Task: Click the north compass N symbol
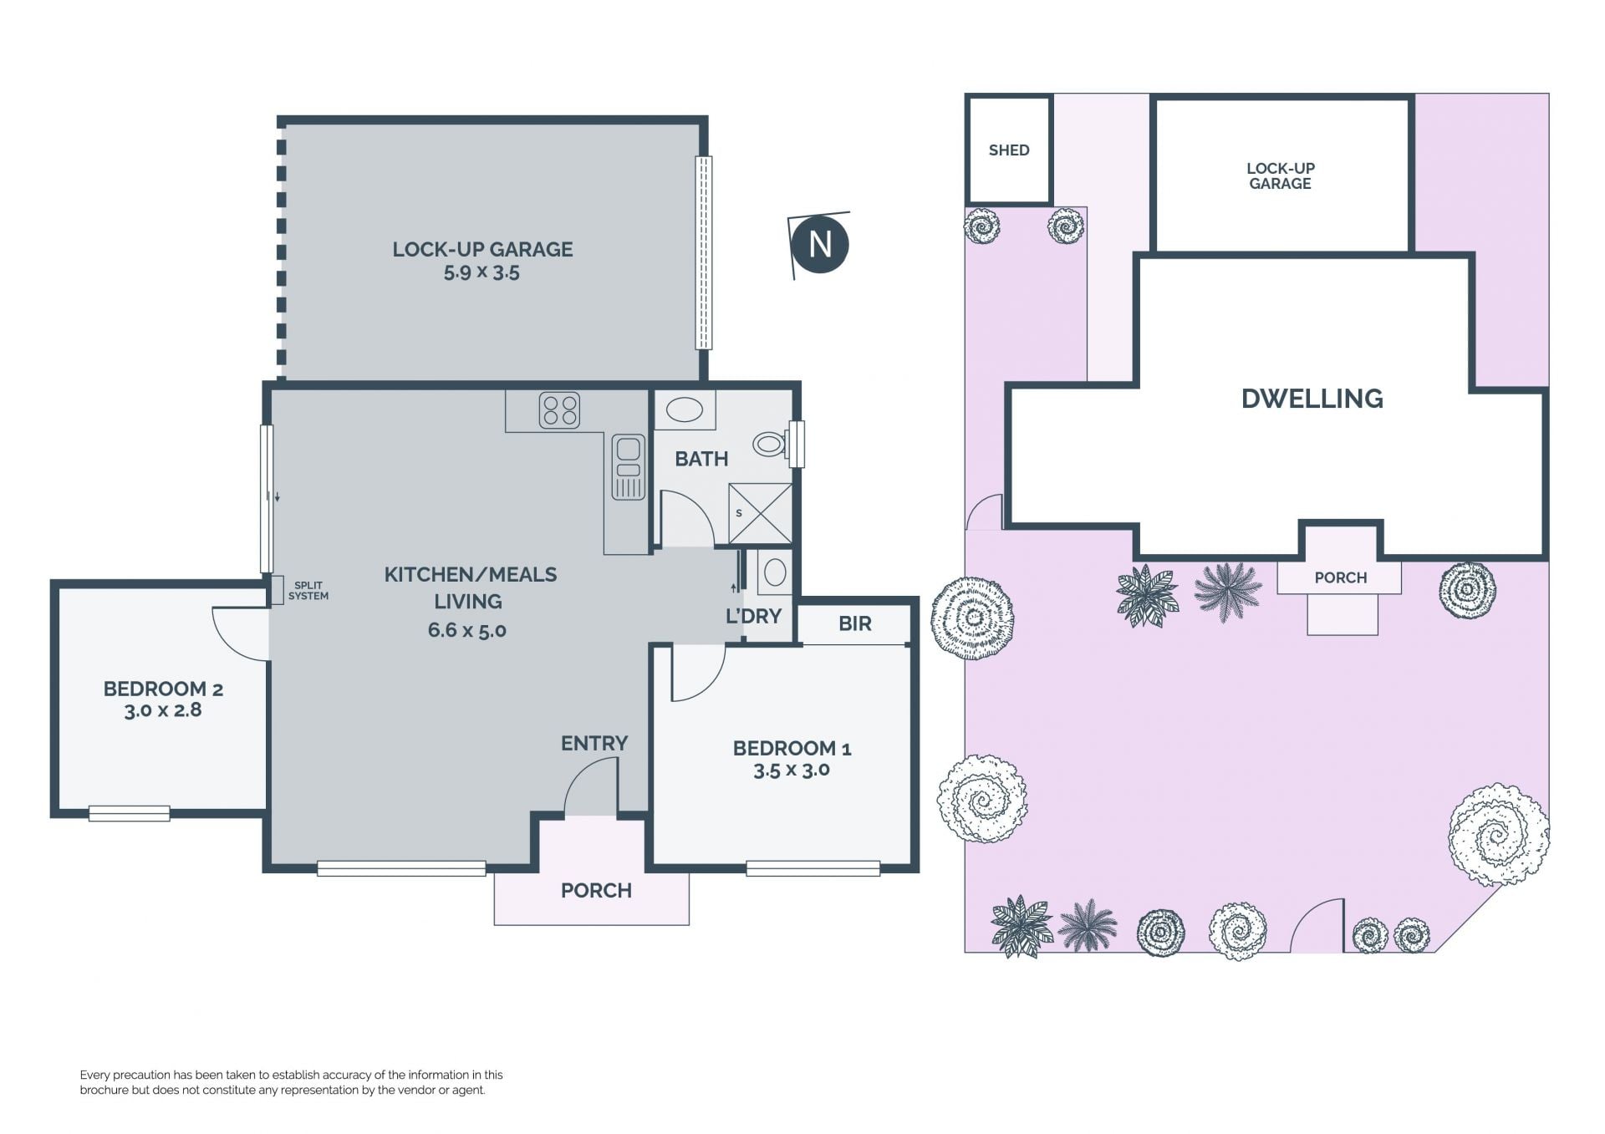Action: (x=820, y=244)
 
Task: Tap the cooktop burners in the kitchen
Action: (x=559, y=410)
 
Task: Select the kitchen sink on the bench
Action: (x=628, y=467)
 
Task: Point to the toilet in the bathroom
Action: (x=770, y=444)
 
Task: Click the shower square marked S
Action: (x=760, y=513)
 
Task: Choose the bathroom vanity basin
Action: (x=685, y=410)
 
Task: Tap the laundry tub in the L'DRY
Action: (x=775, y=572)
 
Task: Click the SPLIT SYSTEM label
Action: (x=308, y=591)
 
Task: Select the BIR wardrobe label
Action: (x=854, y=623)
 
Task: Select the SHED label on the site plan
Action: (x=1009, y=150)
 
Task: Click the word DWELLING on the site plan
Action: (x=1312, y=399)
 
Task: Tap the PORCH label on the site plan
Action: (x=1340, y=577)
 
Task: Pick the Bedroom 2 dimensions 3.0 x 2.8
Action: (x=163, y=710)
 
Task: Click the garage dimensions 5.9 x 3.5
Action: (x=482, y=272)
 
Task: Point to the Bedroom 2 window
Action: (x=130, y=812)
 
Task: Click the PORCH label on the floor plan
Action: (x=596, y=891)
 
